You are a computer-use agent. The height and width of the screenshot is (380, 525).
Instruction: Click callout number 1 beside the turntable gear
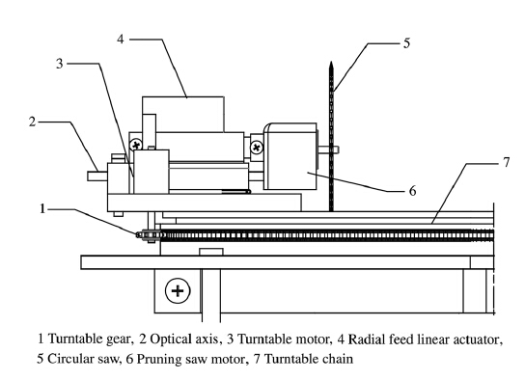(x=41, y=208)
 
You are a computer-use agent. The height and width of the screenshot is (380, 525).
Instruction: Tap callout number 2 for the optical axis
(x=32, y=122)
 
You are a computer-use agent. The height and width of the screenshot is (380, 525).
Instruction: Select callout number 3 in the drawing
(x=59, y=64)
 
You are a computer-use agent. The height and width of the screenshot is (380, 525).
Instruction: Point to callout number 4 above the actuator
(x=121, y=40)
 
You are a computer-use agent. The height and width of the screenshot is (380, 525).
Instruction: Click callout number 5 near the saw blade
(x=406, y=43)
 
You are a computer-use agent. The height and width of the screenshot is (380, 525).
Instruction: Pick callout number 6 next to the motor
(x=412, y=191)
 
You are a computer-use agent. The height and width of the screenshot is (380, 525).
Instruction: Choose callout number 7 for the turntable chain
(x=506, y=162)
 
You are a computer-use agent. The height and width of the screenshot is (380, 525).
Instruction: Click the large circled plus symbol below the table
(x=178, y=290)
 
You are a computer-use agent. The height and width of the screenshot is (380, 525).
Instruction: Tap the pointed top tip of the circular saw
(x=331, y=63)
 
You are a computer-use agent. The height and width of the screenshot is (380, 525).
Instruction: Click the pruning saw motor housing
(x=290, y=156)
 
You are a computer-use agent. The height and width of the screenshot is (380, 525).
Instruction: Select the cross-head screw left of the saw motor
(x=257, y=148)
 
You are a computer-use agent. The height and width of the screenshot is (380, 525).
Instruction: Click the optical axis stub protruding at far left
(x=97, y=176)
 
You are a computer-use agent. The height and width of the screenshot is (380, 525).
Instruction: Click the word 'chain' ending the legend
(x=338, y=359)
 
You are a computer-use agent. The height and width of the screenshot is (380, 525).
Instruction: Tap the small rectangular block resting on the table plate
(x=211, y=252)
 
